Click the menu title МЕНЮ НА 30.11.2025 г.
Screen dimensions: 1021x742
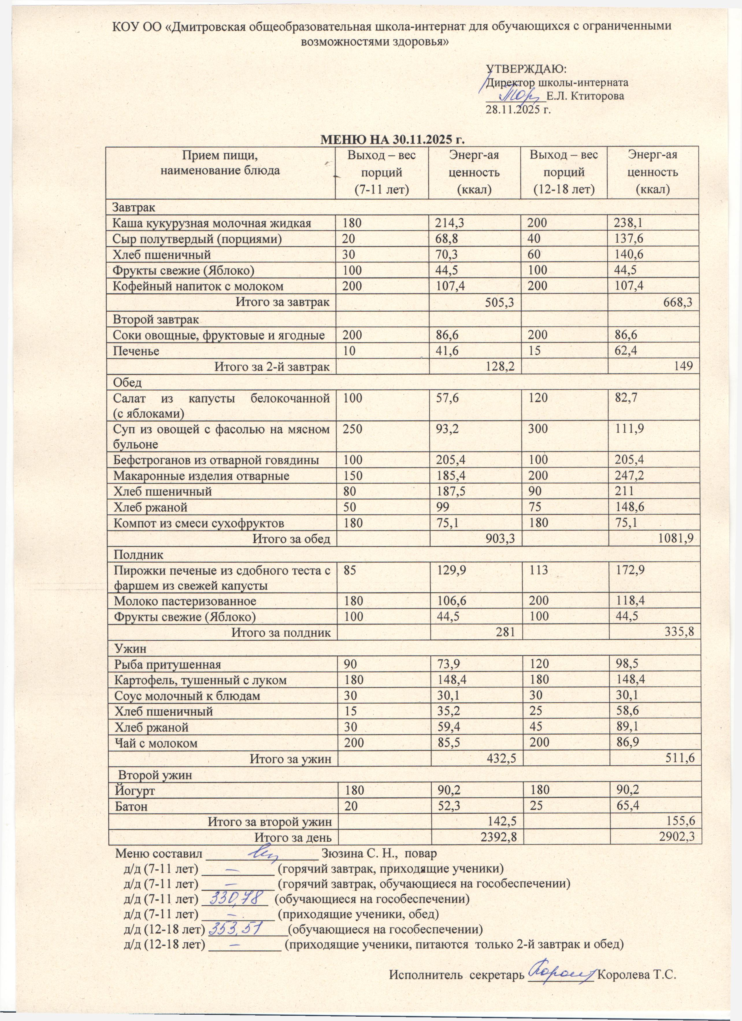point(392,139)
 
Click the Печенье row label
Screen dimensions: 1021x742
point(136,351)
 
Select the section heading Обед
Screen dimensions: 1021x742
point(127,383)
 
